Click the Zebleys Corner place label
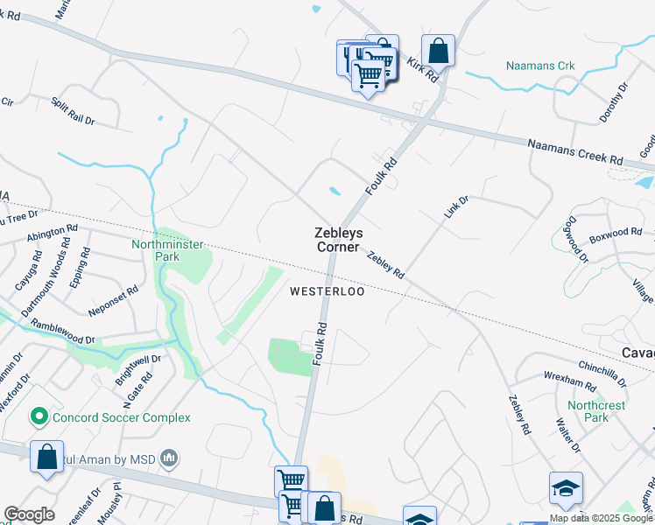tap(337, 240)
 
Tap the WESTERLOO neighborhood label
tap(327, 291)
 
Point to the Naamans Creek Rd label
tap(574, 152)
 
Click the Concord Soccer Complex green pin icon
tap(39, 417)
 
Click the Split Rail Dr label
tap(73, 111)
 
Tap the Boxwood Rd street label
tap(616, 234)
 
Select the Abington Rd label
tap(52, 236)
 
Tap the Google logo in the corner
tap(29, 514)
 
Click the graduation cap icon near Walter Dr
tap(566, 488)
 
